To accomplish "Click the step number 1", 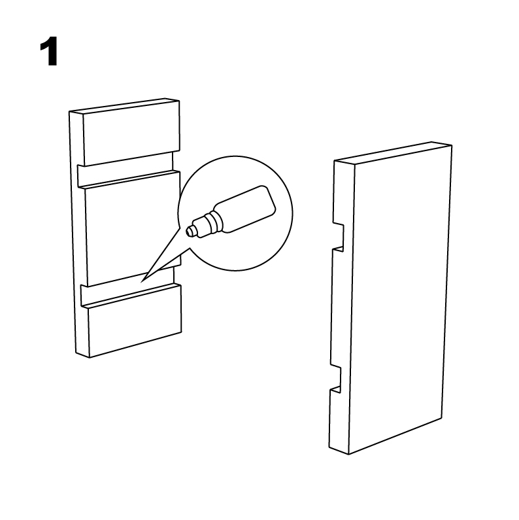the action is [49, 52].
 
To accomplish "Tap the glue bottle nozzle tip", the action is [188, 231].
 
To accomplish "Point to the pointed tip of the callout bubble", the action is [141, 282].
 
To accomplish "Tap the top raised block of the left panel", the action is [131, 133].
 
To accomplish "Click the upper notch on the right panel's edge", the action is [339, 237].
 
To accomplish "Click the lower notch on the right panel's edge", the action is [336, 377].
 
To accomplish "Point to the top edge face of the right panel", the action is [393, 153].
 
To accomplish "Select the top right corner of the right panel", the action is [452, 145].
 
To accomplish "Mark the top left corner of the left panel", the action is [69, 111].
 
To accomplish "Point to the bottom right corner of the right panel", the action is [443, 418].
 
